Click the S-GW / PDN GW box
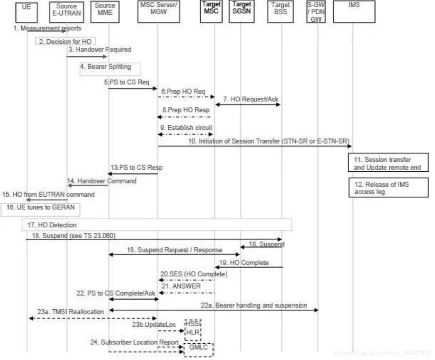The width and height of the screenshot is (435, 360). (x=316, y=12)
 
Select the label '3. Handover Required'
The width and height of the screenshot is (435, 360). (x=100, y=50)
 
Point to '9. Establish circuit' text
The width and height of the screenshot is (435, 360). (x=187, y=128)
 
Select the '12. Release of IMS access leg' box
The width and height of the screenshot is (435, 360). (x=389, y=188)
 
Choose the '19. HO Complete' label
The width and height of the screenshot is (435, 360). (x=249, y=262)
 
